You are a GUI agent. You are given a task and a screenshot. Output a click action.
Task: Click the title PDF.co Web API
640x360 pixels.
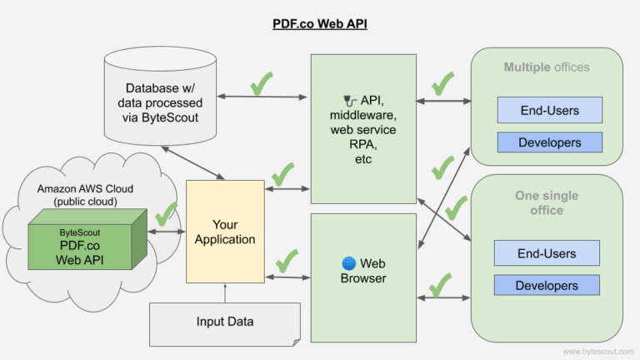tap(319, 24)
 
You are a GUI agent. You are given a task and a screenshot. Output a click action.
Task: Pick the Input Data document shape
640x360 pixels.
tap(225, 322)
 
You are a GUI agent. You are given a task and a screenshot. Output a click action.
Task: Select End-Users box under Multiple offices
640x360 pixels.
tap(549, 109)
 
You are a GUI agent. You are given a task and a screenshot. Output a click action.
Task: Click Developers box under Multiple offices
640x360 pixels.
tap(549, 142)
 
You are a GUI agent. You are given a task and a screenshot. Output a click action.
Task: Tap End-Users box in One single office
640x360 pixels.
tap(547, 252)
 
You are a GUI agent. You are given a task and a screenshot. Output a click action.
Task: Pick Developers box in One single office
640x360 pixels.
tap(547, 285)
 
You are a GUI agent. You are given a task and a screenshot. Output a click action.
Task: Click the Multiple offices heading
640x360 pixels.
tap(547, 67)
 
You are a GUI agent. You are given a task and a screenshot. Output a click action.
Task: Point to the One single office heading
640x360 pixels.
tap(547, 203)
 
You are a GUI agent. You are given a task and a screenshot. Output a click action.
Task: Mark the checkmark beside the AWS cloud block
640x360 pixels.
tap(167, 213)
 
